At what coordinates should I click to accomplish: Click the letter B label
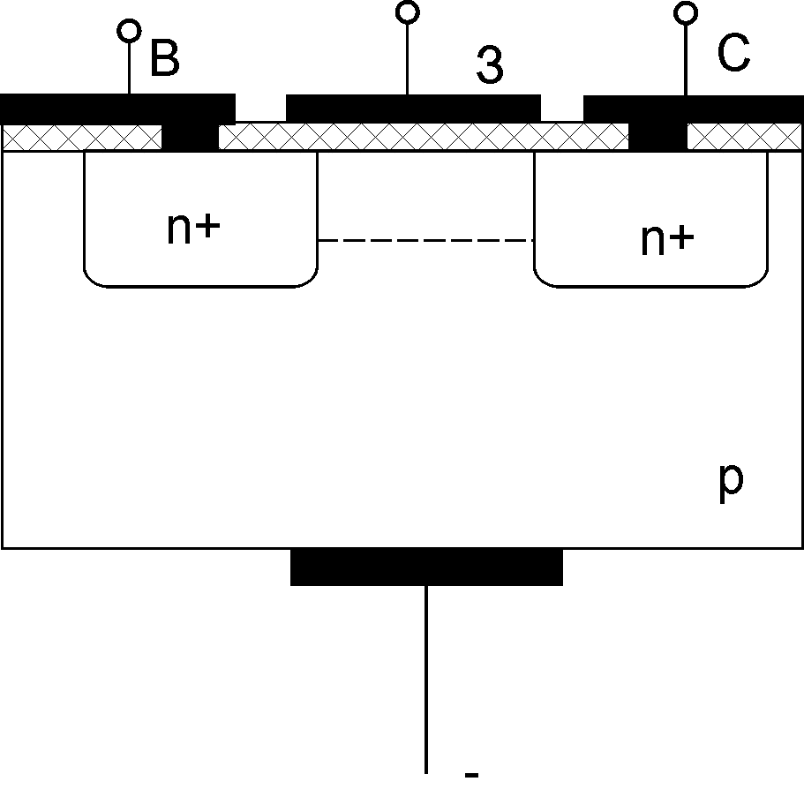[165, 58]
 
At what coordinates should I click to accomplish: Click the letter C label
[733, 55]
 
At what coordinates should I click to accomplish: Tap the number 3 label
[491, 64]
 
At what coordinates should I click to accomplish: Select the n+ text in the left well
[193, 229]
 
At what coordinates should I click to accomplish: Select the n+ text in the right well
[667, 239]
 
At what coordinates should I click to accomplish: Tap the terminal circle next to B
[130, 31]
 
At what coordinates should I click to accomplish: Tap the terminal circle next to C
[685, 12]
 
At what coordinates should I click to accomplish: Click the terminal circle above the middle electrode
[407, 11]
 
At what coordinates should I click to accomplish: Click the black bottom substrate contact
[426, 567]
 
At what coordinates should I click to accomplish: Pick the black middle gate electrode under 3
[413, 108]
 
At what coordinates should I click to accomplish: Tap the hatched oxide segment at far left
[83, 137]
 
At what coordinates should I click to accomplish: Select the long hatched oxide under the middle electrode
[423, 137]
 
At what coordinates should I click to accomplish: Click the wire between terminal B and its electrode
[130, 67]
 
